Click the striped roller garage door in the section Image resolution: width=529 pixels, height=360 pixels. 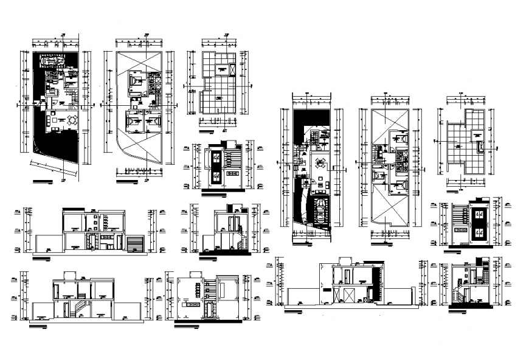pos(134,244)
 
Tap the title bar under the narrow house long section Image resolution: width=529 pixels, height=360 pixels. pos(294,311)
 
